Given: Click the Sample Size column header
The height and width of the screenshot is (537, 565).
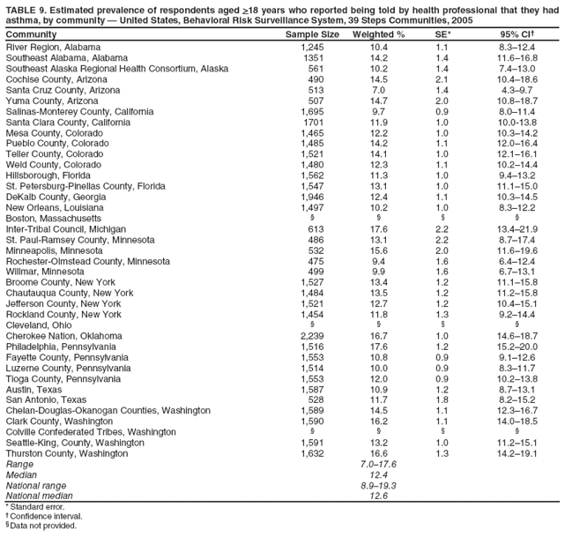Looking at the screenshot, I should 312,34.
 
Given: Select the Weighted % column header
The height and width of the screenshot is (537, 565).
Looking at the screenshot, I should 378,34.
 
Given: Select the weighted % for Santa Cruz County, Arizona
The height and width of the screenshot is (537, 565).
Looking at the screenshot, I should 378,89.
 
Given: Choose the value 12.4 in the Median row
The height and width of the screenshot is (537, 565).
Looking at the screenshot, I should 378,474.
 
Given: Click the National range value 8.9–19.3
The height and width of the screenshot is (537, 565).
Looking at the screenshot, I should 378,485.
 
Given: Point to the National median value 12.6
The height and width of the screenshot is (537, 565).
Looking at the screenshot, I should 378,496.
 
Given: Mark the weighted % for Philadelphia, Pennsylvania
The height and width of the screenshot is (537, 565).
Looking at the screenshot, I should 378,347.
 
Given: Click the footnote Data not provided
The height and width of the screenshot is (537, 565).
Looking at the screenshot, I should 43,526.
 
